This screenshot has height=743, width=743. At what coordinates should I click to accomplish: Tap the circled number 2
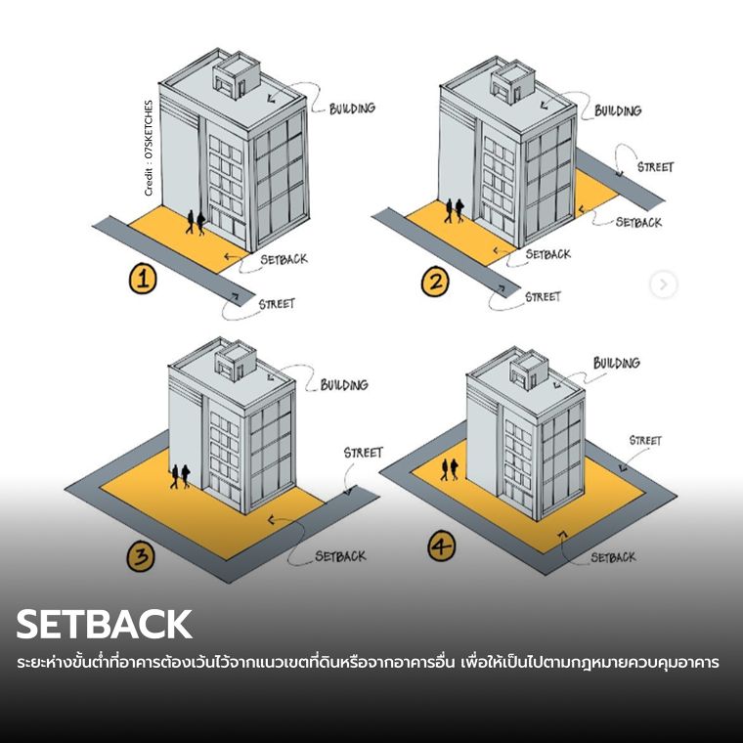[434, 283]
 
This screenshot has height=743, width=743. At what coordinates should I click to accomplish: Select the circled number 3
[140, 557]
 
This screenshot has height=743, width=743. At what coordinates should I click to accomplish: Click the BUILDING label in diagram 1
[352, 108]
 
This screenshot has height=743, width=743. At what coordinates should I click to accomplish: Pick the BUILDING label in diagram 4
[617, 364]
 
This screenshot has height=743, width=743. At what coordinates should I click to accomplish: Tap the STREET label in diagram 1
[277, 304]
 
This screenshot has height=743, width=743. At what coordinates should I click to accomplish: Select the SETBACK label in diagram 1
[284, 260]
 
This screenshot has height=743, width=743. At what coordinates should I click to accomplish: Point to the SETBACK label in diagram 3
[340, 556]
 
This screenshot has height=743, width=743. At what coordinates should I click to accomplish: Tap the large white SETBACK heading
[104, 624]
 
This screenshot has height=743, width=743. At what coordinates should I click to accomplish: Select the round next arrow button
[664, 284]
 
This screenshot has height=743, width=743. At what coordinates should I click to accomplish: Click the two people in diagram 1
[196, 222]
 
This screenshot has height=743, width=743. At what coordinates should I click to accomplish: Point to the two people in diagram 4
[450, 470]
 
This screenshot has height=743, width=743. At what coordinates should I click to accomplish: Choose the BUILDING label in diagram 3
[344, 385]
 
